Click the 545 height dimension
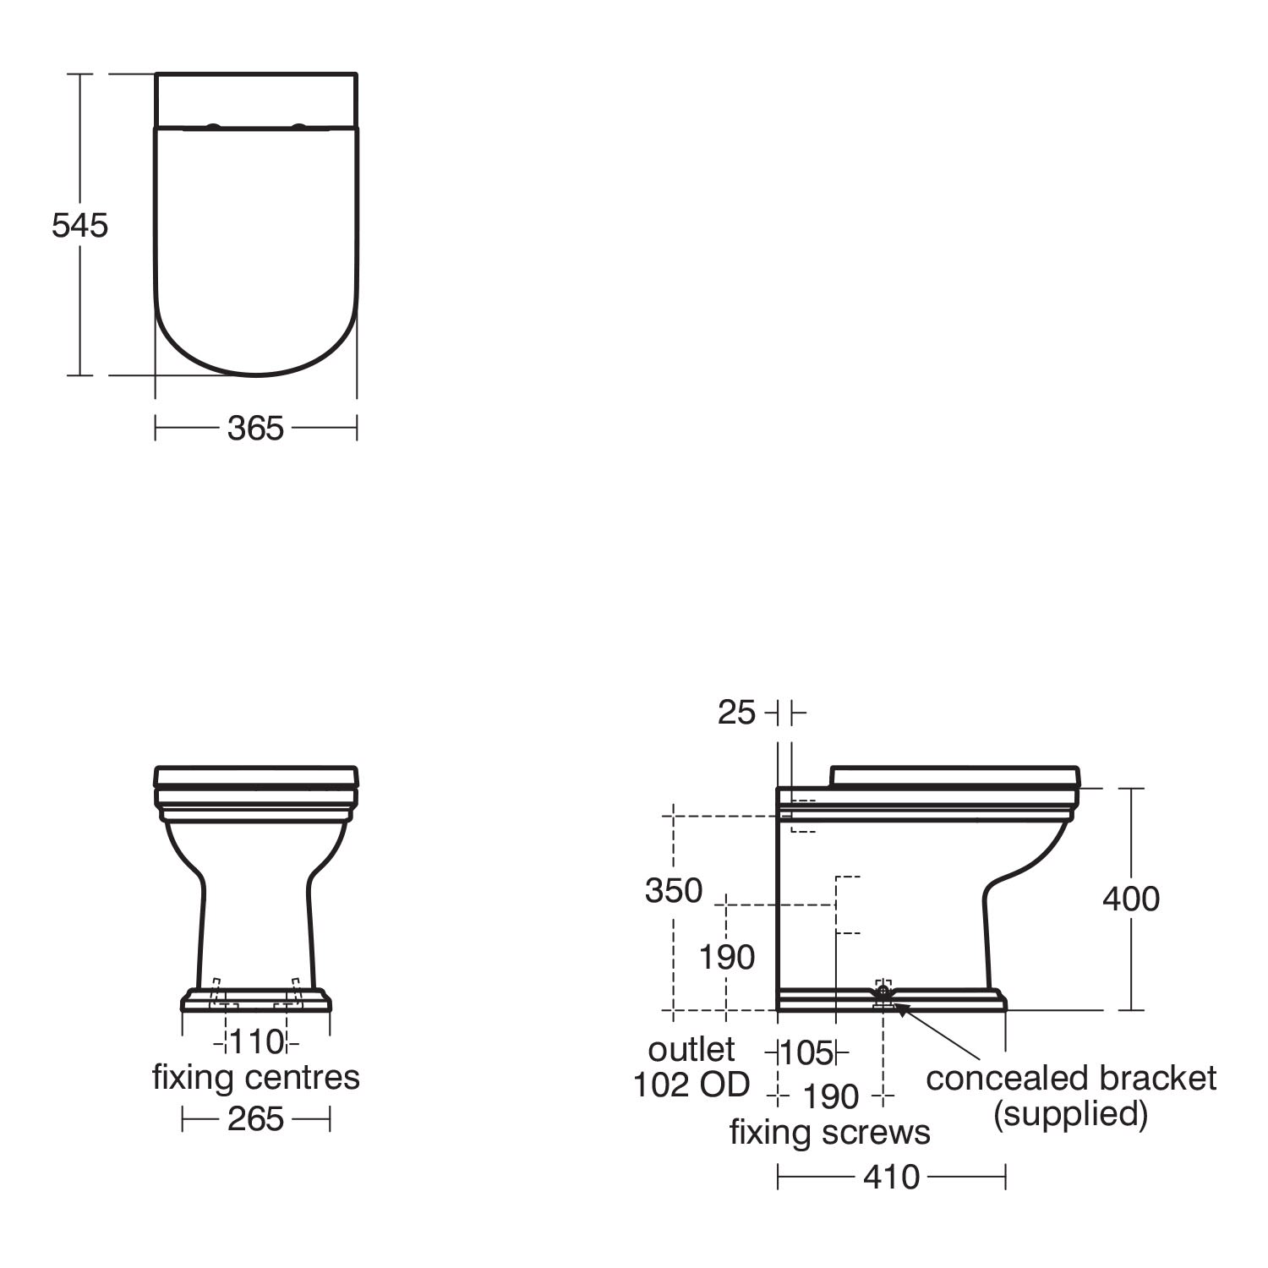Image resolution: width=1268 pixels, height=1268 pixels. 80,226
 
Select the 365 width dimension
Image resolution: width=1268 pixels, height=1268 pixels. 255,429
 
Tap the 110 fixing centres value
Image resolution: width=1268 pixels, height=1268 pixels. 256,1042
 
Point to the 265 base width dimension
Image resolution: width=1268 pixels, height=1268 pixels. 255,1119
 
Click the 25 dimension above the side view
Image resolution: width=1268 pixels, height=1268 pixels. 736,713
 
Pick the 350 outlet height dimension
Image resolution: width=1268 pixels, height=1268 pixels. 674,891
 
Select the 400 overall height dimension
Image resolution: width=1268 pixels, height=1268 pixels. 1131,899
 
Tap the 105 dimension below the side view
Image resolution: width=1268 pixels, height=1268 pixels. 806,1053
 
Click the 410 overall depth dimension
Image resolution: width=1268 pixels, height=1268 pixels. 892,1177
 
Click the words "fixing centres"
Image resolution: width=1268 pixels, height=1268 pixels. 256,1078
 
